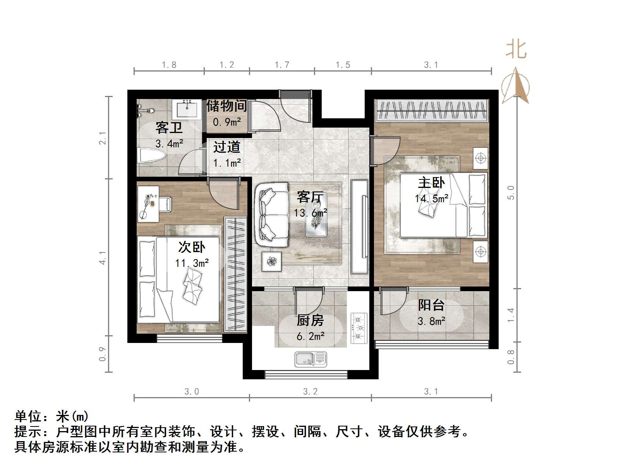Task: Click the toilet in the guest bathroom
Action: (x=152, y=156)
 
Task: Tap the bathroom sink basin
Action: (x=188, y=109)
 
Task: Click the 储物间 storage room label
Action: (x=226, y=106)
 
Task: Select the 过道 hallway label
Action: (x=227, y=147)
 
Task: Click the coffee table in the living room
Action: (x=316, y=215)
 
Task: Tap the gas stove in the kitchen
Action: (x=358, y=328)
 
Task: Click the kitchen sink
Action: (x=310, y=359)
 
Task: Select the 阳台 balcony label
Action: (x=431, y=305)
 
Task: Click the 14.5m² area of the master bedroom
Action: (x=431, y=199)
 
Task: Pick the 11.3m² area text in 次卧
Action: (x=192, y=263)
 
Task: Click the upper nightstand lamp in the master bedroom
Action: (x=480, y=158)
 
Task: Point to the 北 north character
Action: (x=516, y=49)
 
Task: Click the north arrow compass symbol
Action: (x=516, y=87)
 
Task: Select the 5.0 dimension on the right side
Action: (x=511, y=192)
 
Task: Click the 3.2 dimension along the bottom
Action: (x=310, y=392)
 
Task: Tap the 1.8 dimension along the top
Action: (x=169, y=65)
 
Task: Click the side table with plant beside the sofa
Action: (x=272, y=261)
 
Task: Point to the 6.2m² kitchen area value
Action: (x=310, y=336)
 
